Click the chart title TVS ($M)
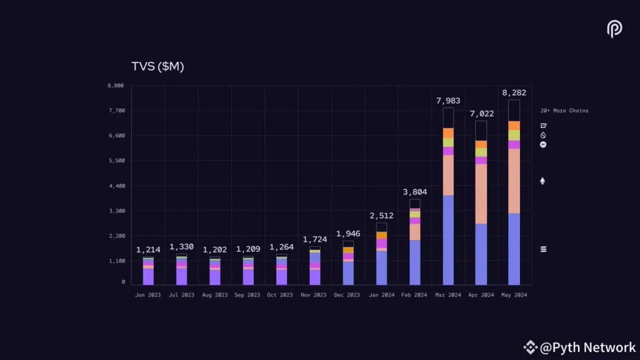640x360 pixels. click(x=157, y=67)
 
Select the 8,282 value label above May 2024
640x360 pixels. click(x=514, y=92)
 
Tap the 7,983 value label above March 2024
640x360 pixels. click(x=447, y=101)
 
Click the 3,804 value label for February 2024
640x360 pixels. click(x=414, y=192)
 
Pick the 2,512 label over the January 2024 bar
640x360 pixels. click(x=381, y=216)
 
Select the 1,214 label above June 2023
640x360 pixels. click(x=148, y=249)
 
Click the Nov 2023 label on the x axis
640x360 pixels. click(x=314, y=294)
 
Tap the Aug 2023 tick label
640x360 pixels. click(x=215, y=294)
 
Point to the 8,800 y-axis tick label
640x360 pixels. click(x=115, y=86)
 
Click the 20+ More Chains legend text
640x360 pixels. click(x=564, y=111)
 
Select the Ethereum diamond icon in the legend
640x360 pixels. click(x=542, y=181)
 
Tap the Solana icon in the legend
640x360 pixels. click(x=542, y=249)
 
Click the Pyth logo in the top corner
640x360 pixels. click(x=614, y=29)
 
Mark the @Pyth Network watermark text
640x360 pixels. click(x=587, y=347)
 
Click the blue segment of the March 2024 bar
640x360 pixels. click(x=447, y=241)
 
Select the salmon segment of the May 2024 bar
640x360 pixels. click(x=514, y=181)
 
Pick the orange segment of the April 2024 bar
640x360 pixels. click(x=481, y=144)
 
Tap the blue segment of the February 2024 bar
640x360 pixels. click(x=414, y=262)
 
